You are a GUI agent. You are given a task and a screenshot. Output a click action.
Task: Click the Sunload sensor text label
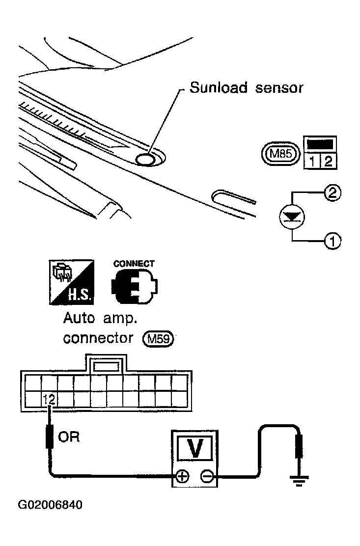coord(246,88)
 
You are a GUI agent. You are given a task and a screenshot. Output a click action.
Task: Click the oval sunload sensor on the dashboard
coord(146,160)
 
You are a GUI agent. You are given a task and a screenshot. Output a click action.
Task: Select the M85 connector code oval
coord(280,153)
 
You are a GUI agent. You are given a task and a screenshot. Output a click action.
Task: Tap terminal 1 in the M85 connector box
coord(312,161)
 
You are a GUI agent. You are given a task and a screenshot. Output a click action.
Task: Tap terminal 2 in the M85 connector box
coord(328,161)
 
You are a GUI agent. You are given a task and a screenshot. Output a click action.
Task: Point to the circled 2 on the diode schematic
coord(332,192)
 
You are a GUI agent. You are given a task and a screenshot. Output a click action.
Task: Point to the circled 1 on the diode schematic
coord(332,241)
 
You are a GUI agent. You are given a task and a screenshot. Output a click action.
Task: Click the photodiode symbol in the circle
coord(292,217)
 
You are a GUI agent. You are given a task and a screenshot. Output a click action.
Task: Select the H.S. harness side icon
coord(71,282)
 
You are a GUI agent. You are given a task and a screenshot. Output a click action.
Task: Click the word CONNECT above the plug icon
coord(134,264)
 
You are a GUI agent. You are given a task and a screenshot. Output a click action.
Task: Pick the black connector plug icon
coord(134,287)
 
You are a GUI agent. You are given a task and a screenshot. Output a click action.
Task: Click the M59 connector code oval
coord(158,338)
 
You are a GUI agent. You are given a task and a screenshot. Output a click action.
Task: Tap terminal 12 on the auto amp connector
coord(50,399)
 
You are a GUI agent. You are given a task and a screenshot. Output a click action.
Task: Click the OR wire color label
coord(69,437)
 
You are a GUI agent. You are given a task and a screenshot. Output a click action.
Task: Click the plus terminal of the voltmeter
coord(182,476)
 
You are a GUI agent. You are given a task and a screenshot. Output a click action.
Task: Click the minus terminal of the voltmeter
coord(207,476)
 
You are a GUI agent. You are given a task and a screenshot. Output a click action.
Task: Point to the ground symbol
coord(299,481)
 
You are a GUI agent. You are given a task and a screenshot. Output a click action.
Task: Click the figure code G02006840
coord(50,505)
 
